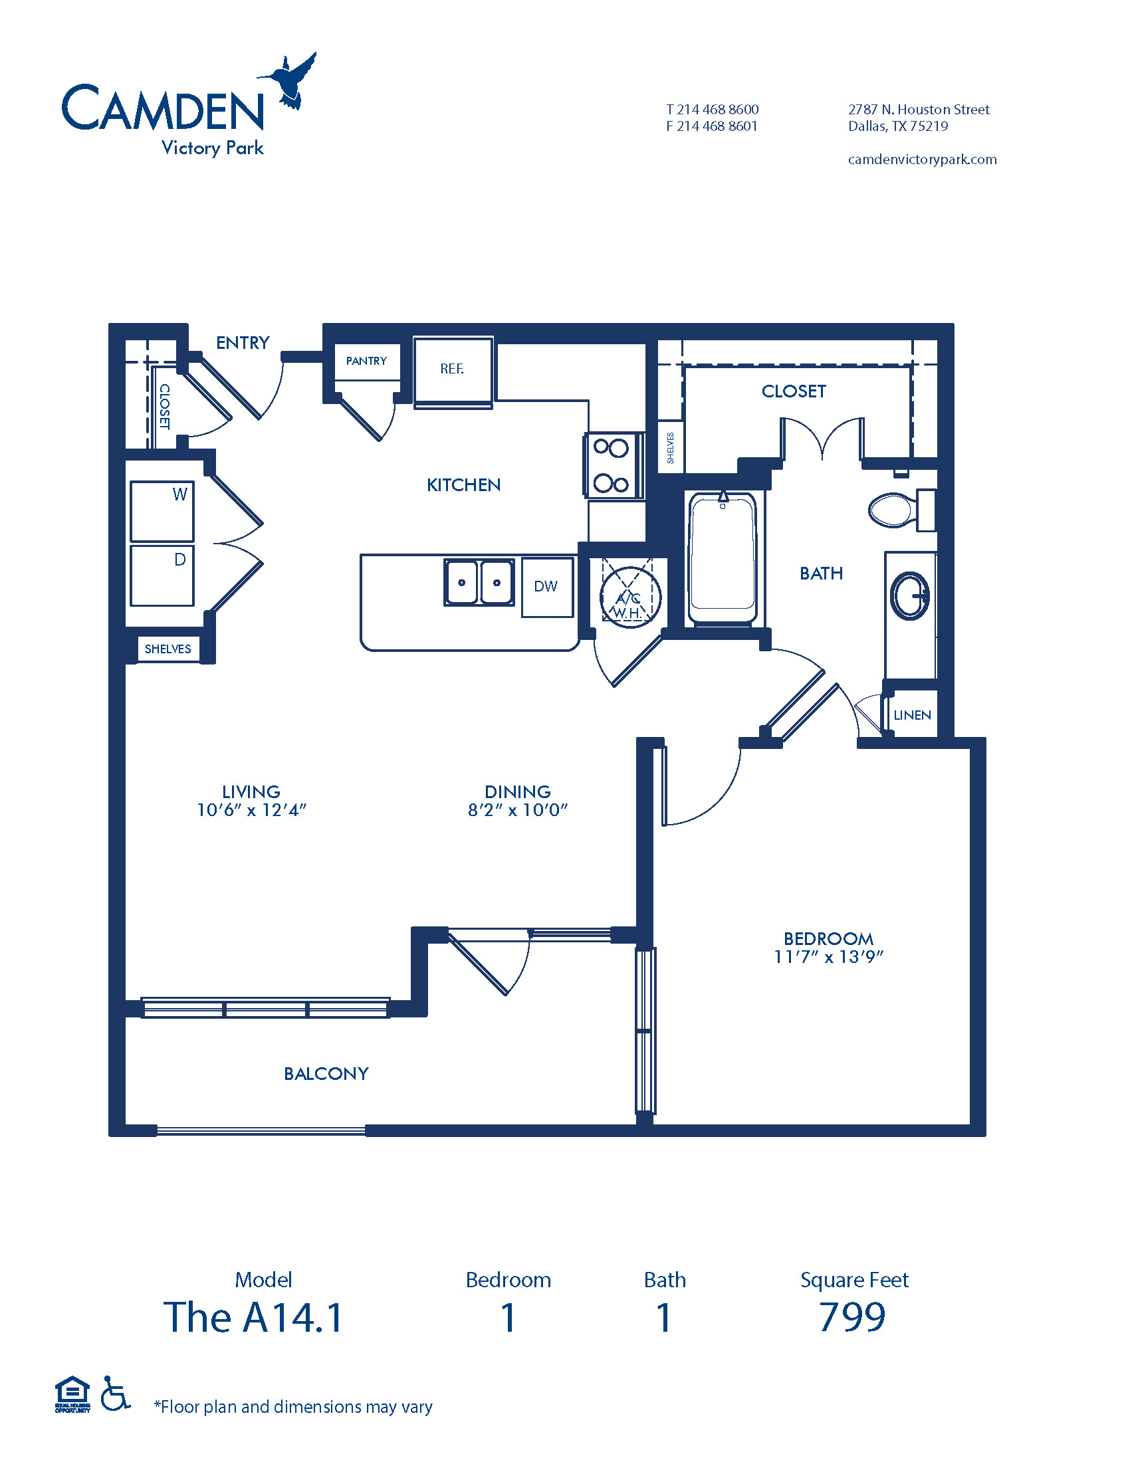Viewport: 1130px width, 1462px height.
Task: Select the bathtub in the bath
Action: [x=723, y=558]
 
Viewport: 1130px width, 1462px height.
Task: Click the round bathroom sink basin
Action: [x=910, y=595]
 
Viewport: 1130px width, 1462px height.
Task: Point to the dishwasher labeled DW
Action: [x=548, y=587]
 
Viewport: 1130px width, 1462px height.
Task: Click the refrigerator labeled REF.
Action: [x=453, y=369]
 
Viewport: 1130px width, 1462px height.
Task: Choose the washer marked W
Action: [x=162, y=511]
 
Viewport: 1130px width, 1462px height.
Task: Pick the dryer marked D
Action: [x=162, y=575]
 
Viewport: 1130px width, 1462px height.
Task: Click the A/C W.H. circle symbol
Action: [x=630, y=598]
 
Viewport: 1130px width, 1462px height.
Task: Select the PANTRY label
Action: [x=366, y=361]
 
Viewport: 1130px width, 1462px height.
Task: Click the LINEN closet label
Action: [x=913, y=715]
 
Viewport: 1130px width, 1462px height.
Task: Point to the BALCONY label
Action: [x=326, y=1073]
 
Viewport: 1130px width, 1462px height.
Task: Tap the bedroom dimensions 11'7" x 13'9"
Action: [x=829, y=956]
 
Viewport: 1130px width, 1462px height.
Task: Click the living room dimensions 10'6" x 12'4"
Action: [x=252, y=809]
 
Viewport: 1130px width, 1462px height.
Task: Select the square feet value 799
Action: [x=852, y=1317]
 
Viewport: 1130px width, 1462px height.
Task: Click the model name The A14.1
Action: [x=253, y=1317]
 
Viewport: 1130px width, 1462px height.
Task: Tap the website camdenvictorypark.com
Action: [x=923, y=159]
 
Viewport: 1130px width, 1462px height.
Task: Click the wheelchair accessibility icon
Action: [x=115, y=1393]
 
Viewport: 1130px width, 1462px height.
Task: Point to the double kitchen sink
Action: [x=479, y=582]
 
